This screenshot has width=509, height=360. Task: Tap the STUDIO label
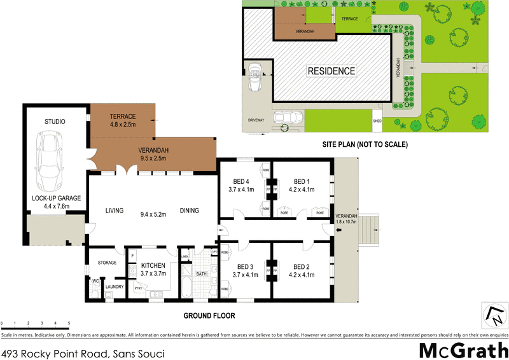point(55,121)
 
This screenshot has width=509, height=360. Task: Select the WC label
point(95,280)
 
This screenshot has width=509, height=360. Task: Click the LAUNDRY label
point(115,287)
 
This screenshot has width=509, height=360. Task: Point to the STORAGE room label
point(107,262)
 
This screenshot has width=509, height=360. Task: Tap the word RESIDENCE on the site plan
point(331,71)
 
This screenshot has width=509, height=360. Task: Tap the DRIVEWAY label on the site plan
point(256,119)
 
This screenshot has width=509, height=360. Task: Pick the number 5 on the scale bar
point(69,323)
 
